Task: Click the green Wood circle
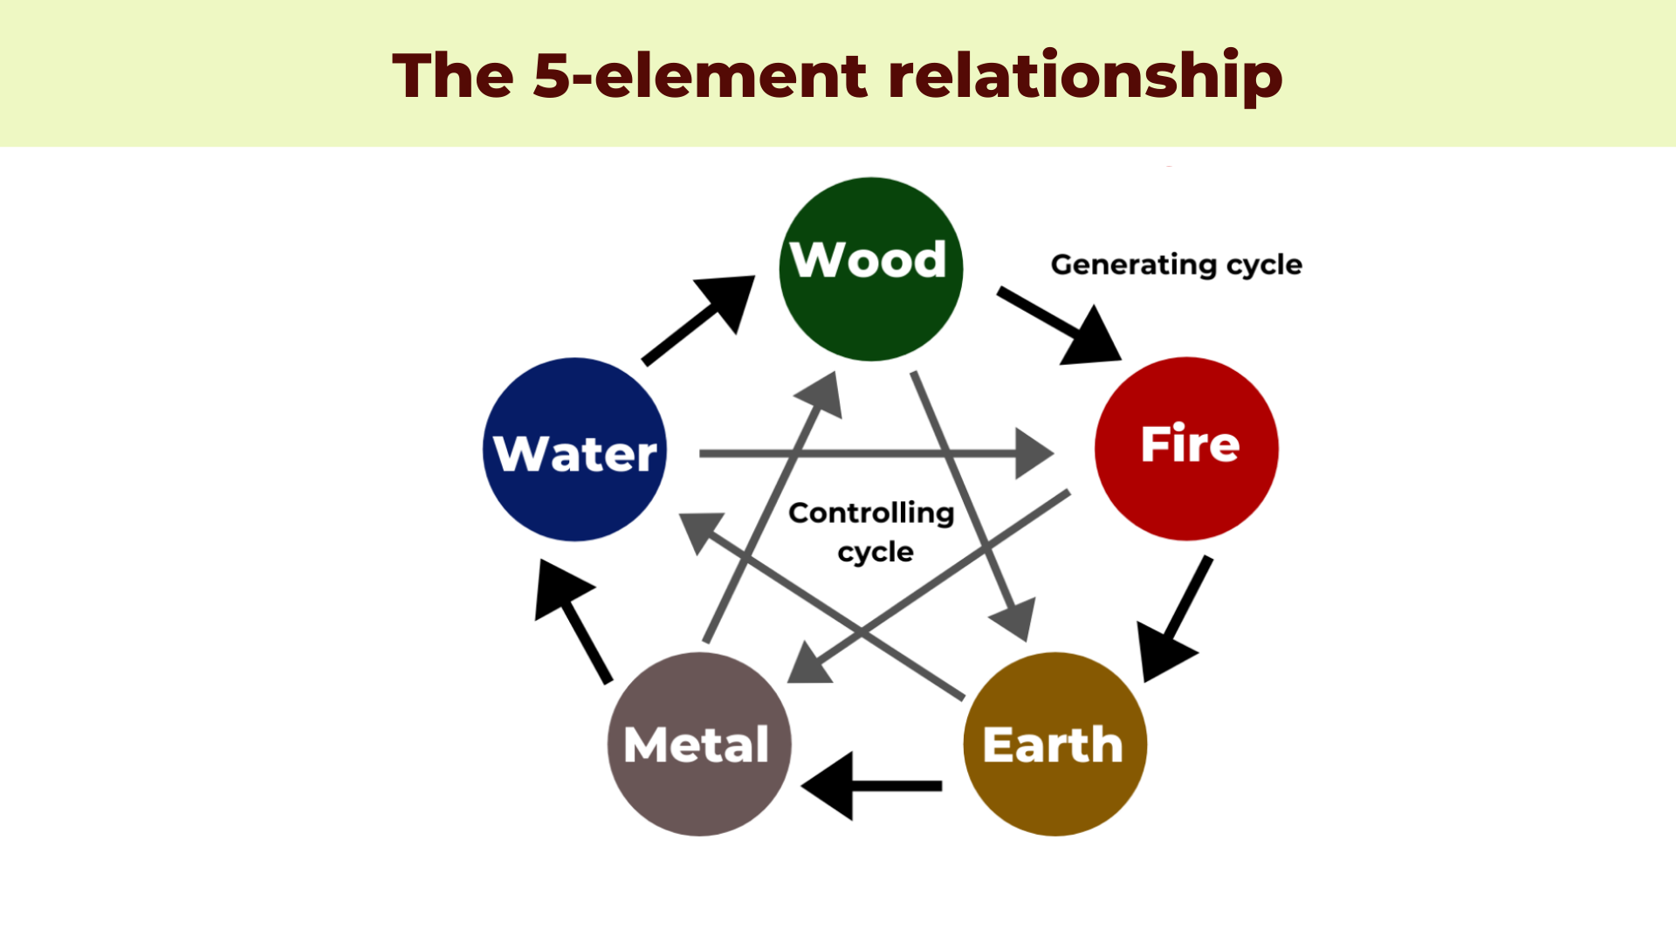(x=870, y=269)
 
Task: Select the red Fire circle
(x=1186, y=448)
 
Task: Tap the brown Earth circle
(x=1054, y=744)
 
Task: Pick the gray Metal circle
(x=698, y=744)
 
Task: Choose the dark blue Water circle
(x=574, y=450)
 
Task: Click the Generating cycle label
(x=1176, y=265)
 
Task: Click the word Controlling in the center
(x=871, y=513)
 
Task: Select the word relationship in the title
(x=1085, y=76)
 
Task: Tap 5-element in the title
(x=700, y=76)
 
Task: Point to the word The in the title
(x=453, y=76)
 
